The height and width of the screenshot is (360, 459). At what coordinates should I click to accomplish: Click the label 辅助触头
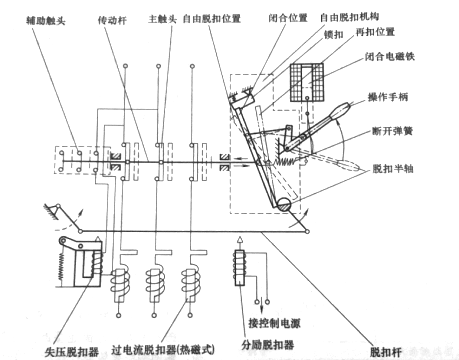46,21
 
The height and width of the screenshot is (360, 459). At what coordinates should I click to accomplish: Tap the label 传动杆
112,20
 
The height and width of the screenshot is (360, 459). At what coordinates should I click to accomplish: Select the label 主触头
162,19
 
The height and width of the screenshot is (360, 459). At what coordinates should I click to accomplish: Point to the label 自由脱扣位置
212,18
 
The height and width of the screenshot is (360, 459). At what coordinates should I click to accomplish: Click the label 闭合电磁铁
390,56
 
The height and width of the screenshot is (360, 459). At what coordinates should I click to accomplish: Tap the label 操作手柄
388,97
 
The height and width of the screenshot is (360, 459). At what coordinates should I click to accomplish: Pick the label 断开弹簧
392,131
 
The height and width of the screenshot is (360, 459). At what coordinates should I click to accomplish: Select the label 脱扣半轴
393,168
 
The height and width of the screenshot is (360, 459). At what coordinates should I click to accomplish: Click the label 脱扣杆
386,352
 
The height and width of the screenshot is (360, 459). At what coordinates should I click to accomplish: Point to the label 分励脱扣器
268,345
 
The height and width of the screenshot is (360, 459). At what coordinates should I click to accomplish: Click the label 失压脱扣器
72,352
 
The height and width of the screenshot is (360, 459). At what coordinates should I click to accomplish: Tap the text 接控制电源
274,323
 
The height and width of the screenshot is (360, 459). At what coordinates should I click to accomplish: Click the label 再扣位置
375,32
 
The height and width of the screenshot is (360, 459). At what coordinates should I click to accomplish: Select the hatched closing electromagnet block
307,82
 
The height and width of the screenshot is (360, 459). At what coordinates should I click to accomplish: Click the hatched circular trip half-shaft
284,205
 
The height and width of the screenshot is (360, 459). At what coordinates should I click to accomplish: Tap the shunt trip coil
240,268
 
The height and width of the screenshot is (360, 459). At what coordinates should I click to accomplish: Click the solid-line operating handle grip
340,111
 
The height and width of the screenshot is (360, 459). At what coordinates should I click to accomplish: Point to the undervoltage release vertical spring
61,266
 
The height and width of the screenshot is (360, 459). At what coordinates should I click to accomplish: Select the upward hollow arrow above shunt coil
239,242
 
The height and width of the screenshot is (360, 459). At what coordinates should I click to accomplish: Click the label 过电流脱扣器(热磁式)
163,350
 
